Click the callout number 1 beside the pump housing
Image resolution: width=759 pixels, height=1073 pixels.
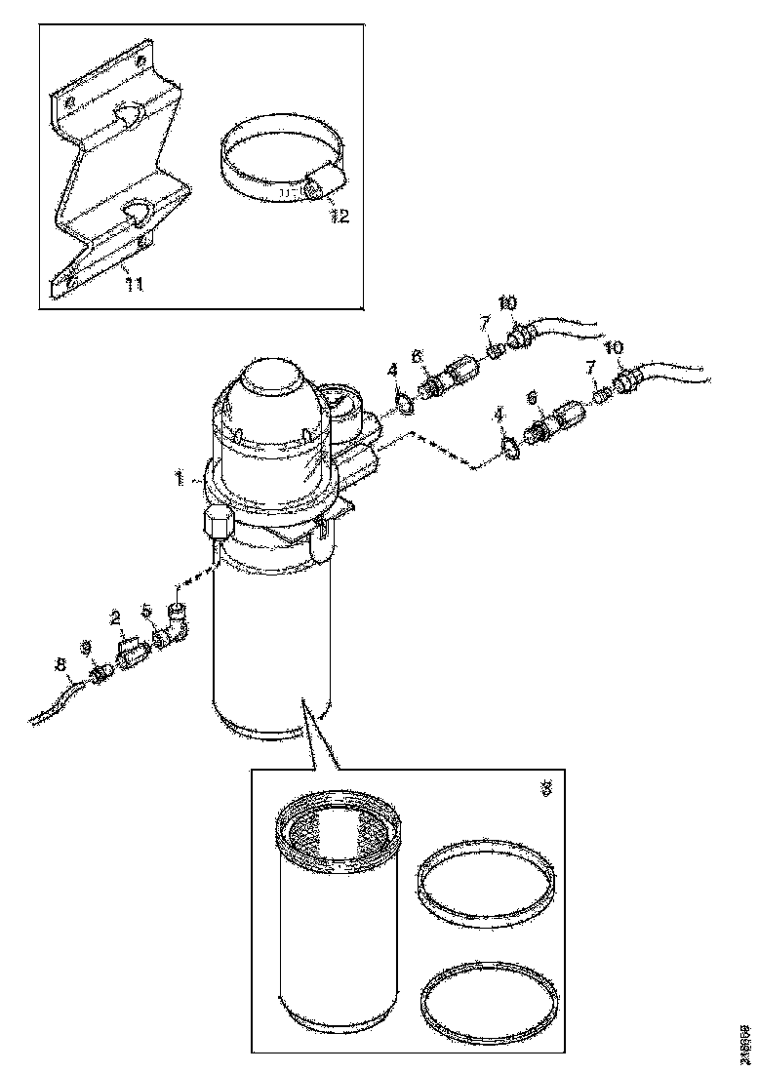coord(180,479)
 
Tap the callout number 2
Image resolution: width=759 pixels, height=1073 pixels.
coord(116,616)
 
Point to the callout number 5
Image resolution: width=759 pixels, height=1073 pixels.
coord(147,612)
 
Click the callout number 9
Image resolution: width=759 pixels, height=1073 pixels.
coord(85,647)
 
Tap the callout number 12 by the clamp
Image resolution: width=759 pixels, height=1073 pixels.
coord(339,216)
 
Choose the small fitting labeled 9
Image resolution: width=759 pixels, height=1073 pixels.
coord(100,672)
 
